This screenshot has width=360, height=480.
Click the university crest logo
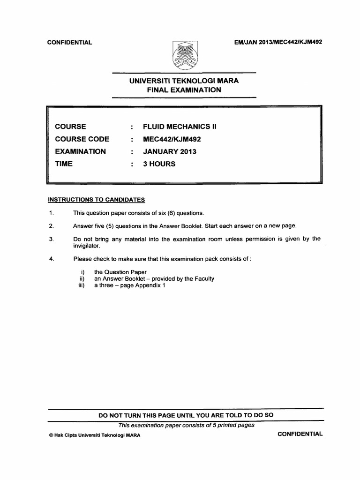coord(184,55)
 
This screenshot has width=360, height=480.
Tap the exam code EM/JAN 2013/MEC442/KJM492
coord(277,42)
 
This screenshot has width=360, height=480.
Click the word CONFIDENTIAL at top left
coord(70,43)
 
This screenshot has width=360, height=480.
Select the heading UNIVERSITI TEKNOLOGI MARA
coord(184,81)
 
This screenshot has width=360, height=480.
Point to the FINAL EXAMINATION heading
coord(184,89)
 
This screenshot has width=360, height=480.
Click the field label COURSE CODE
coord(82,139)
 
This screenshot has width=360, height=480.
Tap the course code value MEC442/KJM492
coord(172,139)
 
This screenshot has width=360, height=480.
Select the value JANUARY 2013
coord(170,151)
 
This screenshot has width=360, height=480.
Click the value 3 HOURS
coord(159,164)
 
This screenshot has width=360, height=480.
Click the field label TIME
coord(64,164)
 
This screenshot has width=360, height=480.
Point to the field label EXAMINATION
coord(81,151)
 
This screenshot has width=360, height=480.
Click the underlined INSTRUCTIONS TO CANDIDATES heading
coord(97,200)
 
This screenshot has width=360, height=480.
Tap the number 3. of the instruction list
coord(52,239)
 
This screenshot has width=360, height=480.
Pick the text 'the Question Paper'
coord(120,272)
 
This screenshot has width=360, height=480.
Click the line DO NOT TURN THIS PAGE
coord(186,415)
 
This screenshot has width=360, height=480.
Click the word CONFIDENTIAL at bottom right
coord(300,434)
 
